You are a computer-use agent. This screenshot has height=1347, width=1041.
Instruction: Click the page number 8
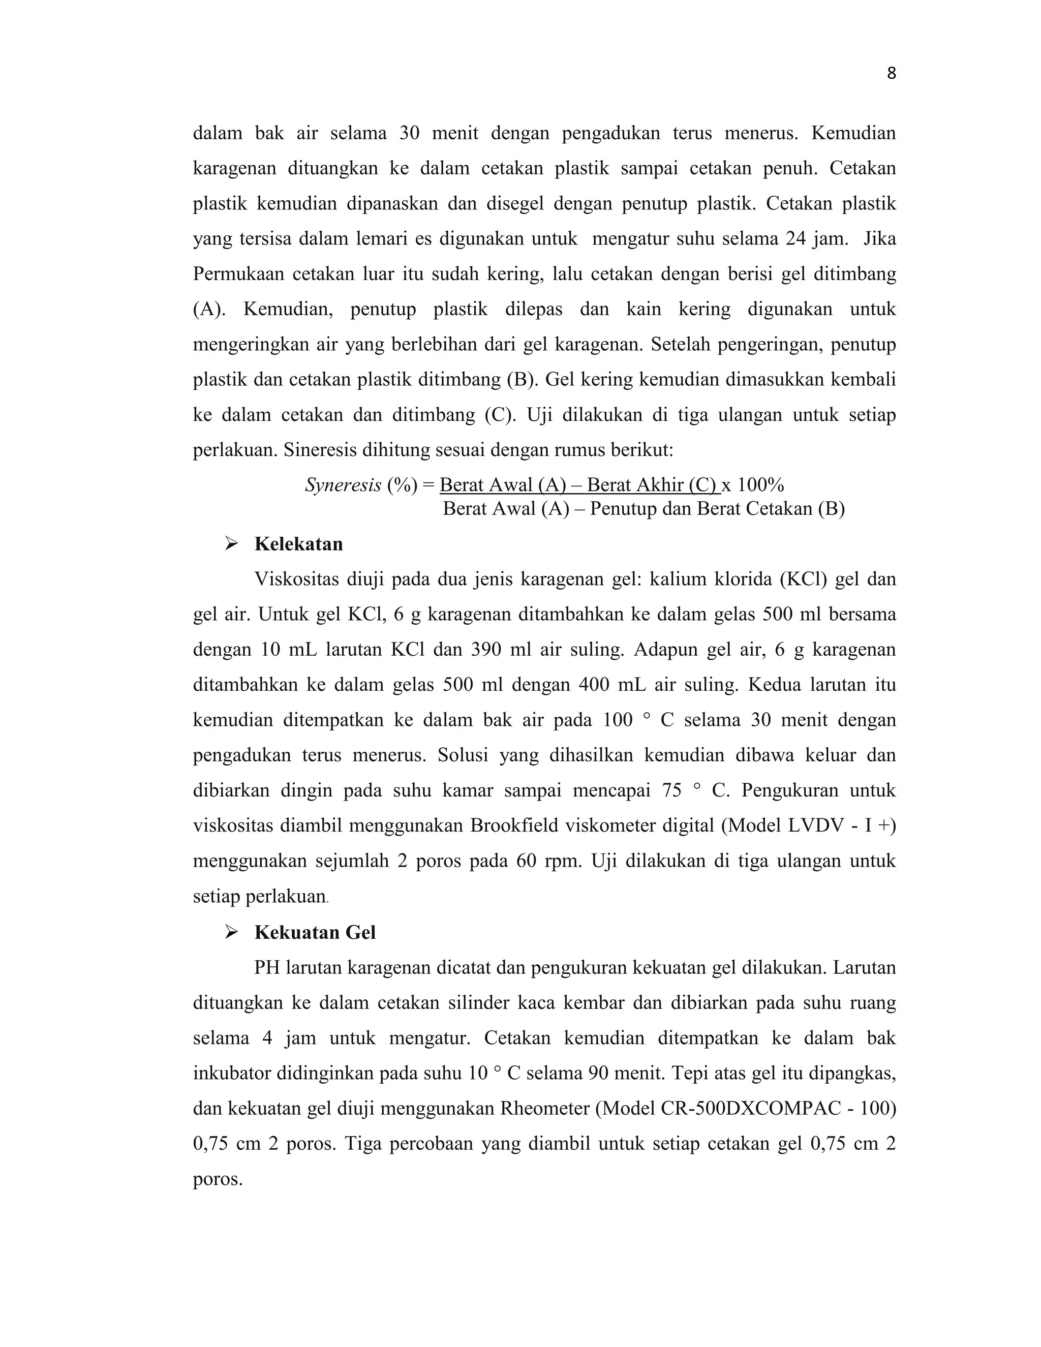point(891,74)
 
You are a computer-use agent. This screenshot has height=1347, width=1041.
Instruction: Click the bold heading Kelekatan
point(298,544)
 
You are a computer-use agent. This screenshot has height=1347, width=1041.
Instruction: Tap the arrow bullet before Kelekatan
point(231,544)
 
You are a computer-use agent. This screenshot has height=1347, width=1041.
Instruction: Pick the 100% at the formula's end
point(760,485)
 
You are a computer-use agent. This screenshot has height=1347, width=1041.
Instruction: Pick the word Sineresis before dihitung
point(319,450)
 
